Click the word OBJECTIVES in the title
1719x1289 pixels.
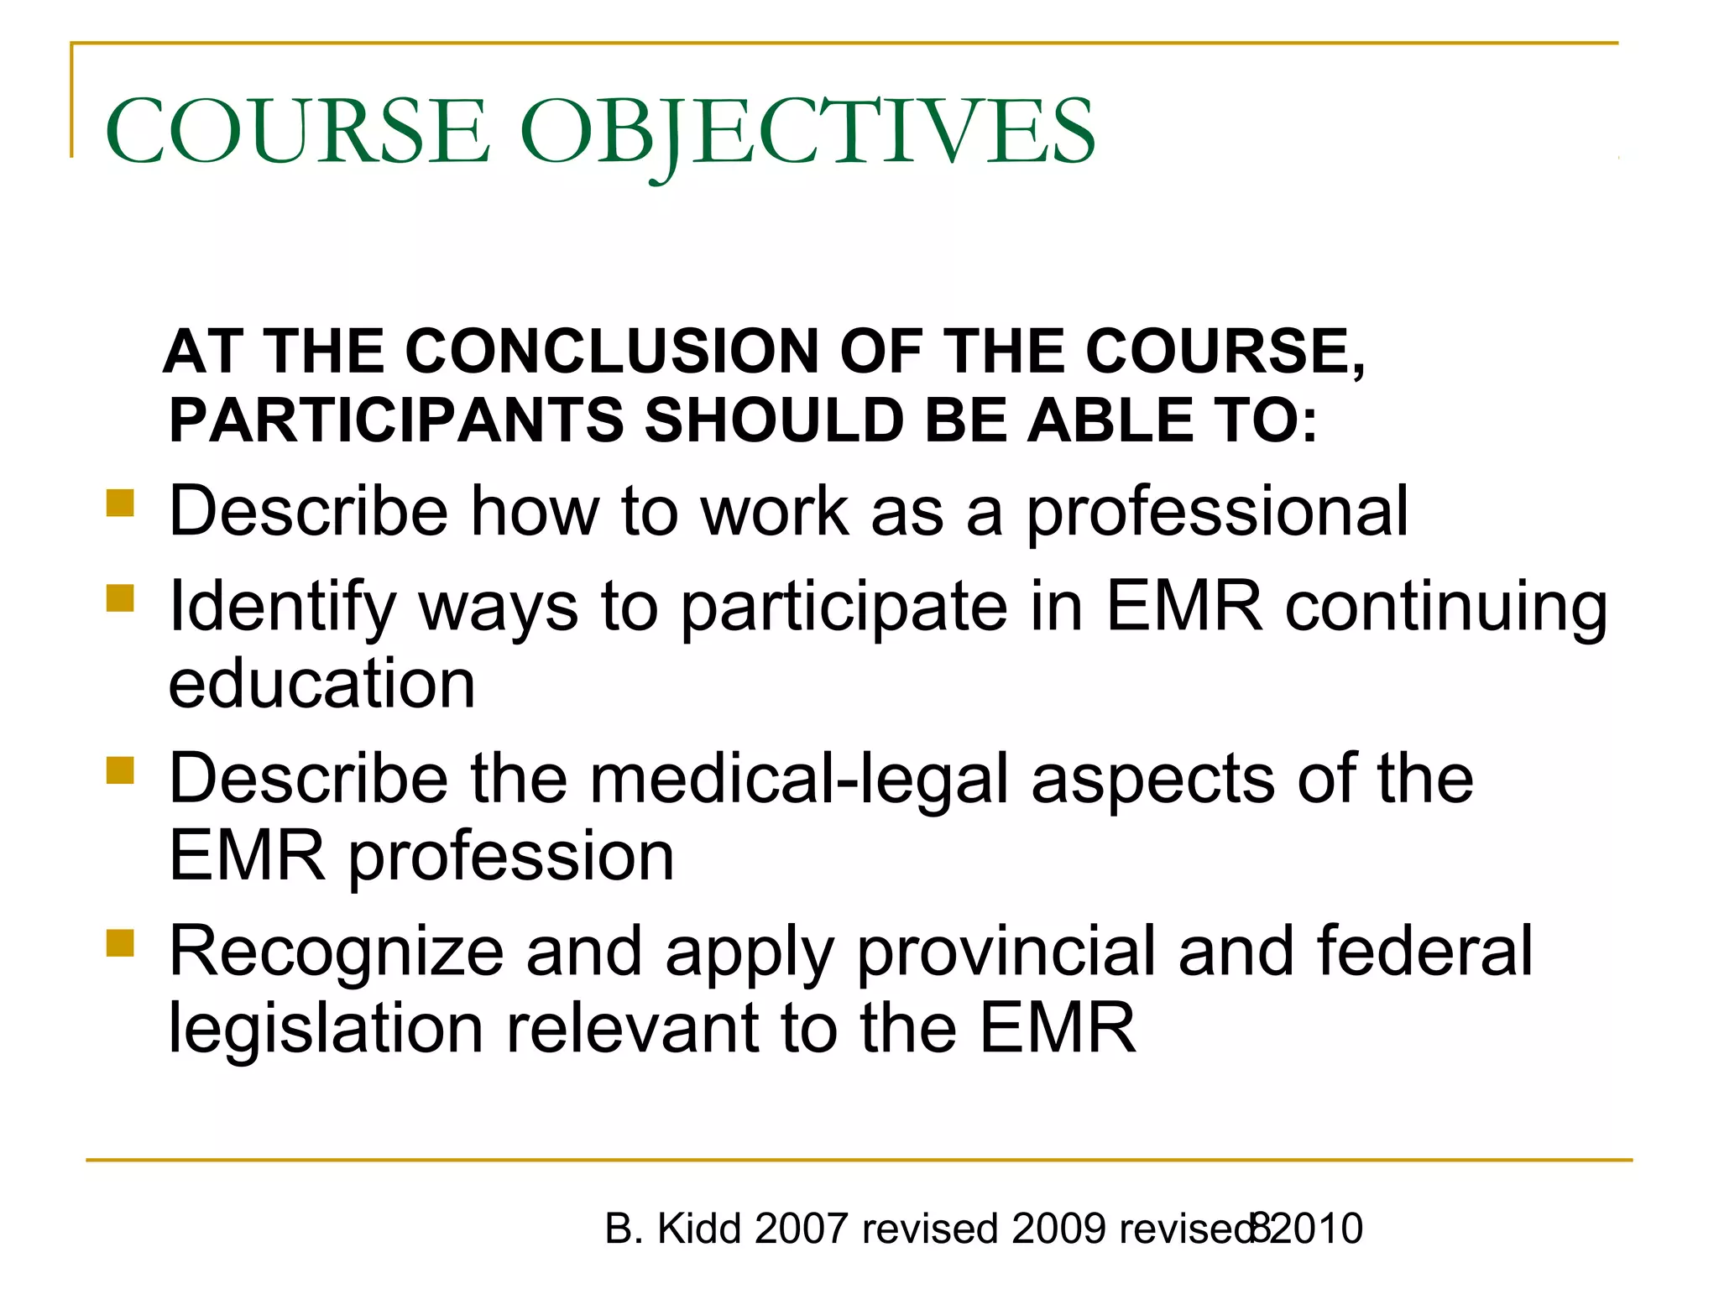click(x=807, y=132)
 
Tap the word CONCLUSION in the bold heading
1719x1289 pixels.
click(x=612, y=351)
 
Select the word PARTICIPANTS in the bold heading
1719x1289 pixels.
click(x=396, y=420)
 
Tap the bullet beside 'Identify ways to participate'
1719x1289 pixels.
click(x=120, y=599)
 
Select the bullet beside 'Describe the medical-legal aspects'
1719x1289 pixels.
click(x=120, y=770)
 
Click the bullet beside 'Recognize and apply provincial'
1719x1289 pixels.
click(x=120, y=943)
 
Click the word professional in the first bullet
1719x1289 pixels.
click(x=1217, y=512)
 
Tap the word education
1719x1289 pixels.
click(x=321, y=684)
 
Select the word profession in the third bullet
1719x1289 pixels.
click(x=511, y=856)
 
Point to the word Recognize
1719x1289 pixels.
click(x=336, y=952)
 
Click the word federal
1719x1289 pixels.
click(x=1424, y=952)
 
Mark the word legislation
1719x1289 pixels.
click(x=326, y=1029)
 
